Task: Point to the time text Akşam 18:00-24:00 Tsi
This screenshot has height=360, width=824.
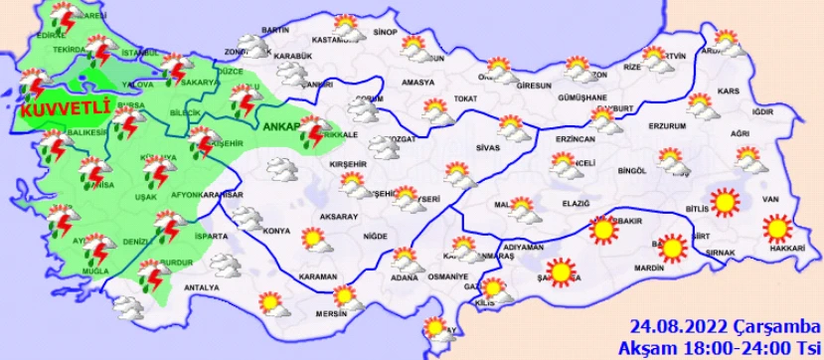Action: click(x=720, y=347)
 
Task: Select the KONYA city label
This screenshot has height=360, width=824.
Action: click(x=276, y=232)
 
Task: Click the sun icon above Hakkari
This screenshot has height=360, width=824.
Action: click(x=778, y=229)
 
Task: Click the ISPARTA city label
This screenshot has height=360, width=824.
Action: click(x=212, y=237)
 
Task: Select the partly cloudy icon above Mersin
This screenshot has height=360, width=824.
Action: click(x=345, y=295)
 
